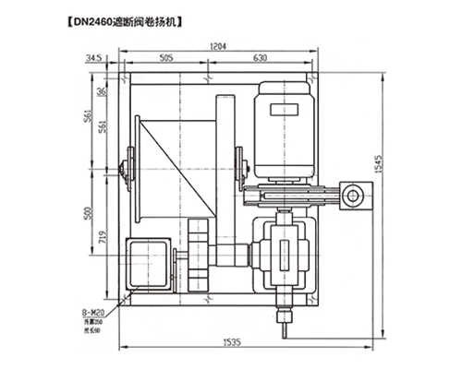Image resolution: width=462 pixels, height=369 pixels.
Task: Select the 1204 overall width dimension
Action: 218,45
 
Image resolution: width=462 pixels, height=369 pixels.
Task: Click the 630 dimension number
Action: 260,57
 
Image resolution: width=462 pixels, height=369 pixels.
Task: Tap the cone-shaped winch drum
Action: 176,167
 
